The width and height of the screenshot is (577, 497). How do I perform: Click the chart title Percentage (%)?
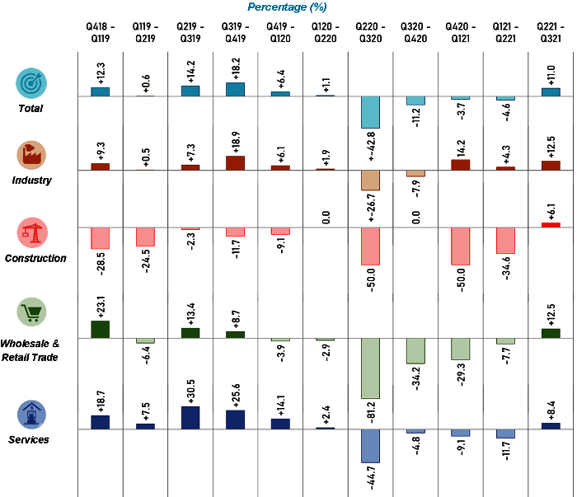coord(288,7)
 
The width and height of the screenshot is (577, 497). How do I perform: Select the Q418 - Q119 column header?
coord(101,37)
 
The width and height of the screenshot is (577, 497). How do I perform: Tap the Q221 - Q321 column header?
coord(551,37)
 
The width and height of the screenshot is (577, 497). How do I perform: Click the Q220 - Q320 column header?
coord(371,37)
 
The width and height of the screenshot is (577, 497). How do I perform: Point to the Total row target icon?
coord(32,82)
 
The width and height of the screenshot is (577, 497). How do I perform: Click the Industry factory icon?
coord(32,154)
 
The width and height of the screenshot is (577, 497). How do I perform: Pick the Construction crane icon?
coord(32,232)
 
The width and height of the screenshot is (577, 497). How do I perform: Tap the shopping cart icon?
coord(32,312)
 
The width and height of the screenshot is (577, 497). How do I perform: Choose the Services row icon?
coord(32,414)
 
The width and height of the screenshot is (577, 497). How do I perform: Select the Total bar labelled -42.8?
coord(371,112)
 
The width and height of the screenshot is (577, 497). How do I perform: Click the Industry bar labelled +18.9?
coord(235,162)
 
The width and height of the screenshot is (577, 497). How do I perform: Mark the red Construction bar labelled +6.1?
coord(551,224)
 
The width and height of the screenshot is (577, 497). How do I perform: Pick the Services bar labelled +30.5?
coord(190,418)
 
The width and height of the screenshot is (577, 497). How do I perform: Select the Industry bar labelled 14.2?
coord(461,164)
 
